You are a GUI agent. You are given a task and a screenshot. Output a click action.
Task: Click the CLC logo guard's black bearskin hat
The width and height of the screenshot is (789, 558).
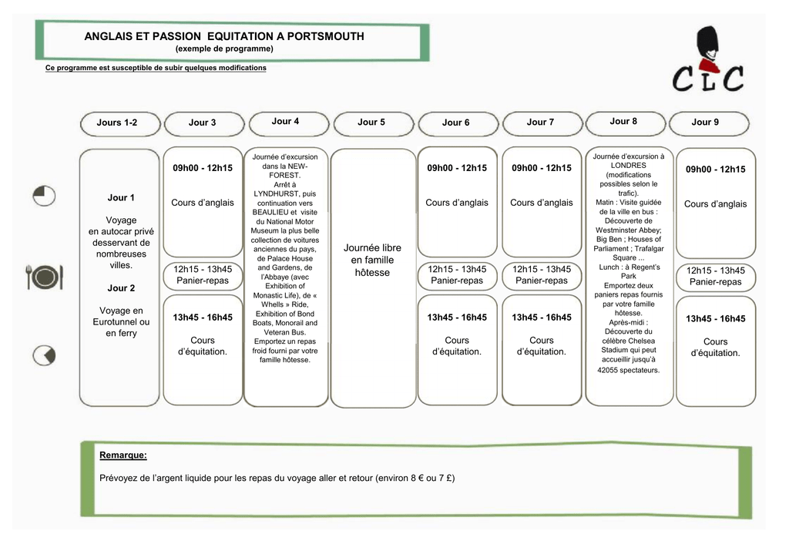point(707,42)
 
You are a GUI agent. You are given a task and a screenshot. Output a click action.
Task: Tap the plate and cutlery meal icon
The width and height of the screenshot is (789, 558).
point(44,277)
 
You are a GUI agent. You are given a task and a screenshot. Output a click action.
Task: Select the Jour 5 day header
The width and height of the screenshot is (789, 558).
point(371,123)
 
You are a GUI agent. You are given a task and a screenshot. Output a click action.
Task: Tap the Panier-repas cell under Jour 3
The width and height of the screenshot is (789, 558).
point(203,275)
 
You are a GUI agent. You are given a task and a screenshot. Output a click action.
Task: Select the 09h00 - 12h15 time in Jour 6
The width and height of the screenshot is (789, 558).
point(457,168)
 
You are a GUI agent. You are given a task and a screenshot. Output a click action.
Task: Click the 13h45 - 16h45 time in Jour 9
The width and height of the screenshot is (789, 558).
point(716,318)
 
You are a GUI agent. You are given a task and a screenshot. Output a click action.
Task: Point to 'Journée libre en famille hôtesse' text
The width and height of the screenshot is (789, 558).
point(372,261)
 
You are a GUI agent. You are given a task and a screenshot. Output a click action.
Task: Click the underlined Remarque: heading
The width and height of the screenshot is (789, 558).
point(123,455)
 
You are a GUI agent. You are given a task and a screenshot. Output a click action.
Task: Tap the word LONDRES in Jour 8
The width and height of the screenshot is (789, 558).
point(629,166)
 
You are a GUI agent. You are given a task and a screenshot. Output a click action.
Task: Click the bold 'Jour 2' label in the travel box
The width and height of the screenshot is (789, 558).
point(121,288)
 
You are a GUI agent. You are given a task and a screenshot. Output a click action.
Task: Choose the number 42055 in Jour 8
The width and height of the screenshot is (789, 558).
point(608,370)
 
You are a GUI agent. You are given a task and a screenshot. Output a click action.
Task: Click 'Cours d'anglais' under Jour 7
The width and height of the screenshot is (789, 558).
point(542,203)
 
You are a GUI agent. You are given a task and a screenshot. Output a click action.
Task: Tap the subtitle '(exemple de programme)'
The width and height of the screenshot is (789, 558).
point(224,49)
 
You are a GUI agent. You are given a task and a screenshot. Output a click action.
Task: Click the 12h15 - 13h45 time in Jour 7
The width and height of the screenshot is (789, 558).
point(542,269)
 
